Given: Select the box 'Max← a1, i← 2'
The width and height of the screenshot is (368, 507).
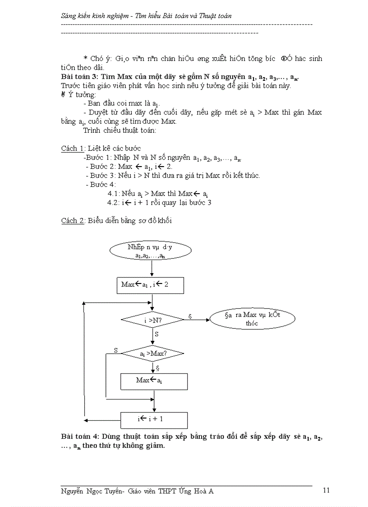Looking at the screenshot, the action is tap(150, 285).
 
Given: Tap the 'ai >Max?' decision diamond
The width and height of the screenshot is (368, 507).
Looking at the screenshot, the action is tap(153, 353).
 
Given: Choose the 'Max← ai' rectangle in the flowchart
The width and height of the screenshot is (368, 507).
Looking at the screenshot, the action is tap(154, 381).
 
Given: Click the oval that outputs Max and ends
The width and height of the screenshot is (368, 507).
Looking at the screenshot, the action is tap(252, 319).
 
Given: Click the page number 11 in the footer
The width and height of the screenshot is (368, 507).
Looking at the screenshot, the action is tap(327, 490).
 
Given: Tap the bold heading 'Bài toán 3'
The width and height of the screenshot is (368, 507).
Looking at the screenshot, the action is tap(78, 76).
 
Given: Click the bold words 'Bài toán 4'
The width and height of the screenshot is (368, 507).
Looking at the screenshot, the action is tap(78, 437).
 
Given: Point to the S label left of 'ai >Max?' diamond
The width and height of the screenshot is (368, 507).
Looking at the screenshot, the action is tap(115, 350).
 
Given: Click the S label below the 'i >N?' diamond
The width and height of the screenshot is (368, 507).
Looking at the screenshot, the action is tap(156, 335).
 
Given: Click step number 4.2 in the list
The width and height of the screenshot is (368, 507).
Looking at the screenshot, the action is tap(113, 203).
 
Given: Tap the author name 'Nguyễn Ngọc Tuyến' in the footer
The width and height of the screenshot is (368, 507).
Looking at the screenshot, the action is tap(92, 491).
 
